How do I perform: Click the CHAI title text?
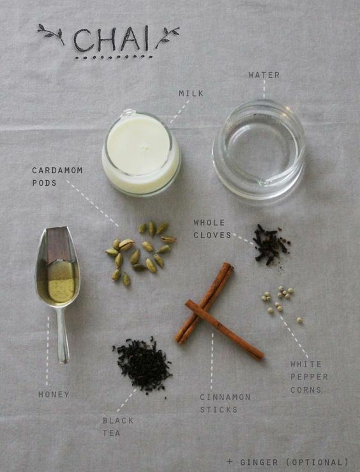coord(111,39)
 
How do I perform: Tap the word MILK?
coord(191,94)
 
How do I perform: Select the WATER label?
coord(264,75)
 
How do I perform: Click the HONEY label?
coord(54,394)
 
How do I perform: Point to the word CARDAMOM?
coord(57,171)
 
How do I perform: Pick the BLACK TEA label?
coord(118,427)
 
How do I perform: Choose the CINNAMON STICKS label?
coord(225,404)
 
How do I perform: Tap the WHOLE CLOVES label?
coord(213,229)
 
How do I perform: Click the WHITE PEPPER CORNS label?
coord(309,377)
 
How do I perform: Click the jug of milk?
coord(141,153)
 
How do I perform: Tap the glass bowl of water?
coord(259,149)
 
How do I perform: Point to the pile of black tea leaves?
coord(143,365)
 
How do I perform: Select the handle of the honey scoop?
coord(63,334)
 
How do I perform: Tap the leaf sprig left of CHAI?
coord(50,33)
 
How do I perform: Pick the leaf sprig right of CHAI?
coord(167,36)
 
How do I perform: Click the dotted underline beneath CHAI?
coord(114,57)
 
